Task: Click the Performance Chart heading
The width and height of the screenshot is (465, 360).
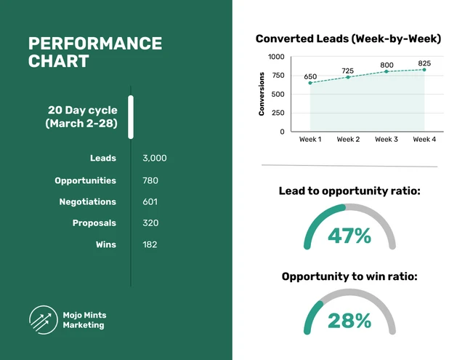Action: coord(94,52)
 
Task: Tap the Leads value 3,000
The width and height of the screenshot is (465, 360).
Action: coord(155,158)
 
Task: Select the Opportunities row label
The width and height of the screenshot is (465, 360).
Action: coord(85,180)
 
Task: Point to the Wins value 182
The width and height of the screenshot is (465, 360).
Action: coord(150,244)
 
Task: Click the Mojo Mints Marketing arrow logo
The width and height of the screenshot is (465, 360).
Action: coord(41,319)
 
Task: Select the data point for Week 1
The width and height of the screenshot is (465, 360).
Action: coord(310,83)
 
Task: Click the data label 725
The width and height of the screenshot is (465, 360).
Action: coord(348,71)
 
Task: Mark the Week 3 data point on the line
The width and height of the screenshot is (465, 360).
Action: coord(387,71)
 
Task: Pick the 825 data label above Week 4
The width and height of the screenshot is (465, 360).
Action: coord(424,63)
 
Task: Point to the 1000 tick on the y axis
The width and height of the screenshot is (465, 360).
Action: coord(276,57)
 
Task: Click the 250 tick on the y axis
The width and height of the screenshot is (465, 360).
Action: coord(278,113)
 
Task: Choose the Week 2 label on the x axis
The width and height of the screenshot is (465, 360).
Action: coord(348,139)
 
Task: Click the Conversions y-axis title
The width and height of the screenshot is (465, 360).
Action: coord(262,94)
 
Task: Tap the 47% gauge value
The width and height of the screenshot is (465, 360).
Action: coord(349,236)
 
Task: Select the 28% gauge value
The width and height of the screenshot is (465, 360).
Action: coord(349,321)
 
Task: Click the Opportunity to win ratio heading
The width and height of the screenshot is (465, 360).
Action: coord(349,276)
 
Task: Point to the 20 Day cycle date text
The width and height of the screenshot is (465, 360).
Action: coord(82,116)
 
